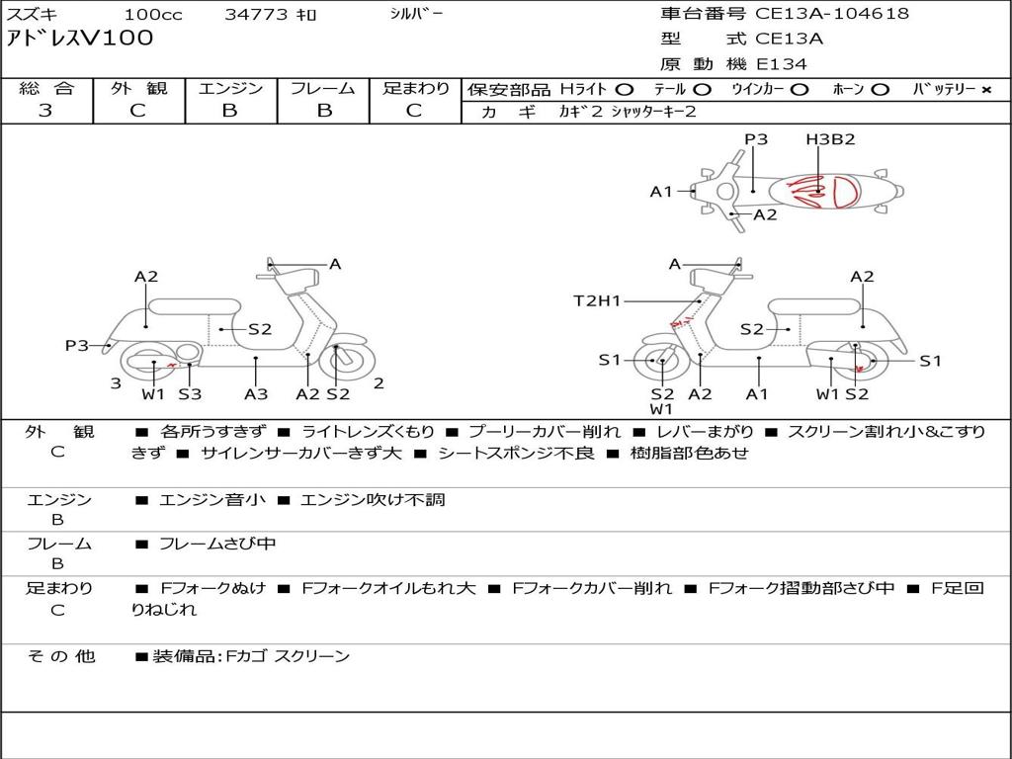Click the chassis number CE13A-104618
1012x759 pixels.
point(832,14)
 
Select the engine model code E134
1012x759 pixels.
point(781,64)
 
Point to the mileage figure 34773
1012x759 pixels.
point(256,14)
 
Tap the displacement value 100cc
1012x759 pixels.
point(153,14)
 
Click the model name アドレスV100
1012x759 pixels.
point(80,38)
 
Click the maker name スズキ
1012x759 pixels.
point(33,14)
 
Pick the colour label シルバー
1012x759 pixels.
point(416,14)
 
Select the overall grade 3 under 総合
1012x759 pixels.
point(45,111)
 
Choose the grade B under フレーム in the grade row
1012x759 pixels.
point(324,111)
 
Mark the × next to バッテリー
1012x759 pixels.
point(986,90)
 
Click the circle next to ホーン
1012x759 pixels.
point(880,90)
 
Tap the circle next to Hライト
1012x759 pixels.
point(625,90)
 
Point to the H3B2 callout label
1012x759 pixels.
point(830,139)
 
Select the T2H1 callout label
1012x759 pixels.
point(597,300)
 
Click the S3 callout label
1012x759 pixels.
point(190,394)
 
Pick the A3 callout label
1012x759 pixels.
point(256,394)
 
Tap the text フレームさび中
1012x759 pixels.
point(217,545)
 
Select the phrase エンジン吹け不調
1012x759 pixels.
point(373,500)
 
